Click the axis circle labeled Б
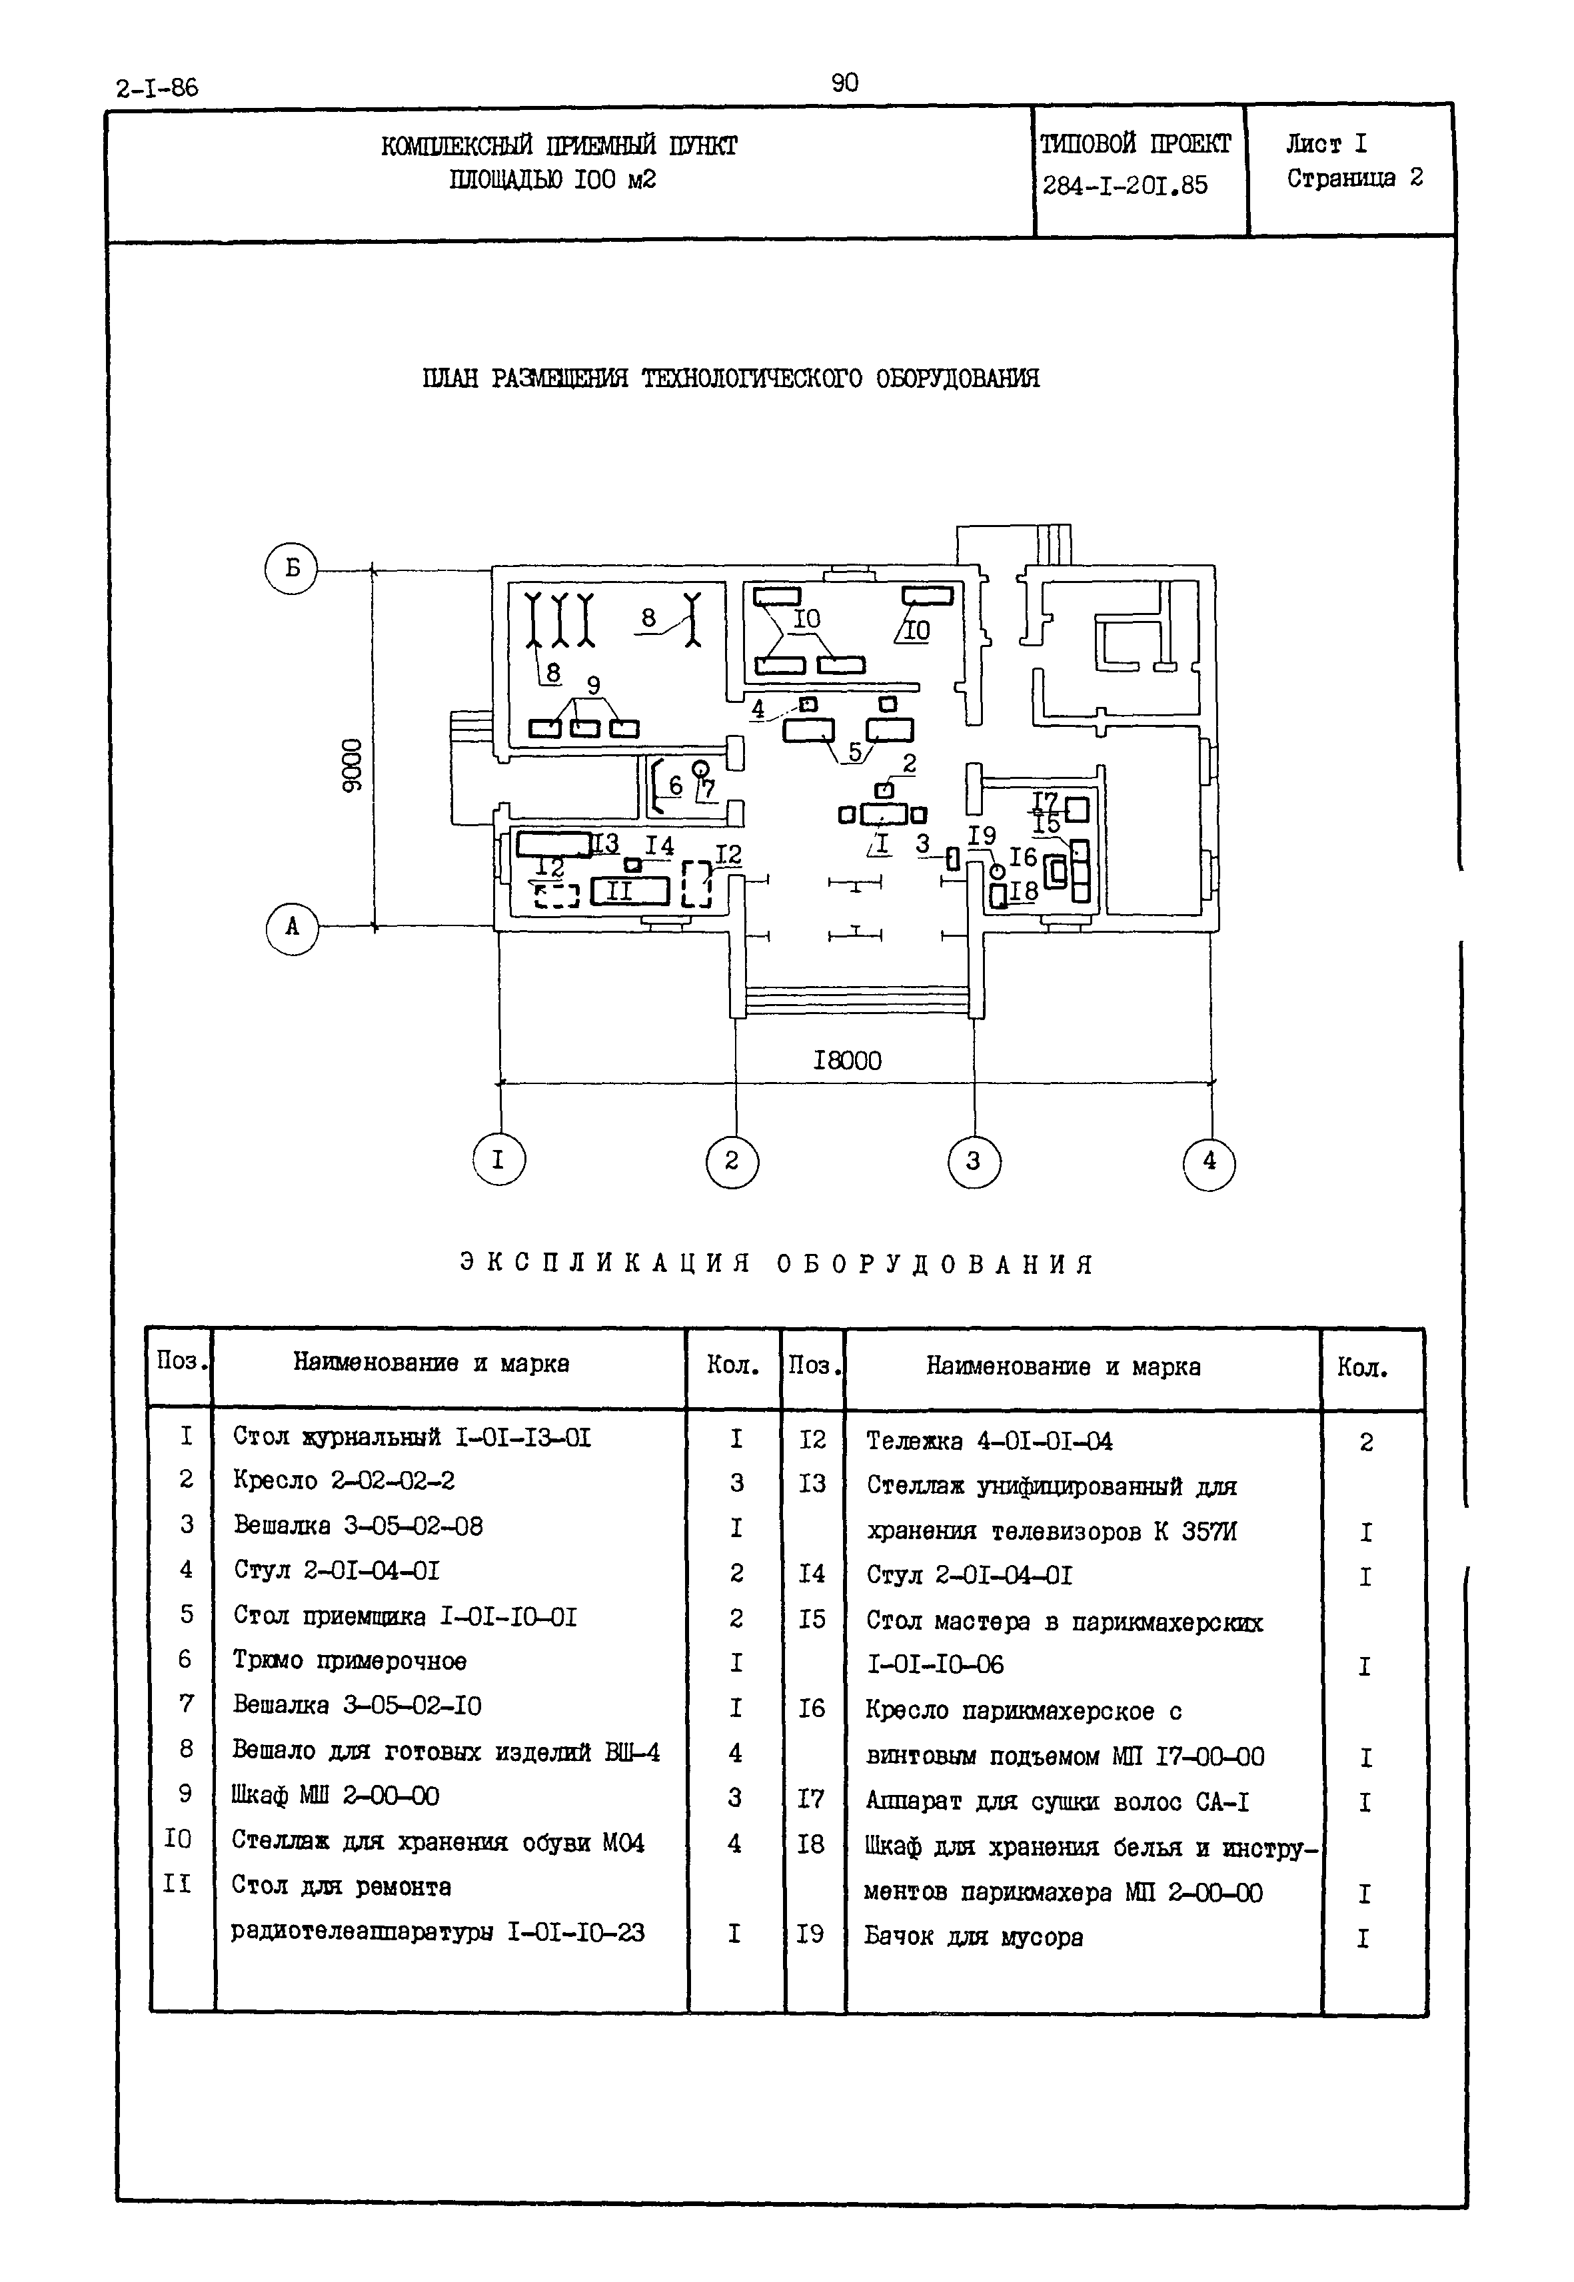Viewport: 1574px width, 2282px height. click(291, 568)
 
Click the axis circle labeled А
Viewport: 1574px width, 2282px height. click(292, 928)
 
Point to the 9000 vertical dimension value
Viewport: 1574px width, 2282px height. click(352, 764)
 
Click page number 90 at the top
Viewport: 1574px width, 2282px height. click(845, 83)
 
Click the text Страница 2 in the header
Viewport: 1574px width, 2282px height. click(1354, 179)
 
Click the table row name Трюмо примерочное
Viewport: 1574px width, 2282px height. click(349, 1661)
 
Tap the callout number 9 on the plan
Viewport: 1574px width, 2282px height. click(594, 684)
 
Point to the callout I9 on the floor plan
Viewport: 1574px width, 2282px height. click(982, 836)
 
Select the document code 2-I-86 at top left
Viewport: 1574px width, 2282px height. click(157, 88)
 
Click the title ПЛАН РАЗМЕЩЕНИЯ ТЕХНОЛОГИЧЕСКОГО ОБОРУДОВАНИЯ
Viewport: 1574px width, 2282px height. click(731, 378)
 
